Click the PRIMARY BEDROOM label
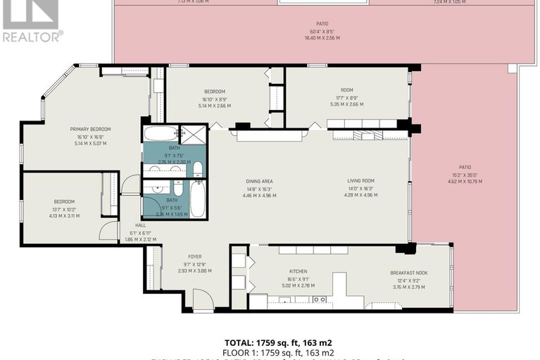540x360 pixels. tap(90, 129)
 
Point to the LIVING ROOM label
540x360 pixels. tap(360, 181)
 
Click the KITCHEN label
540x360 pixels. tap(299, 271)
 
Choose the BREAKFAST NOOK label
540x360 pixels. tap(409, 273)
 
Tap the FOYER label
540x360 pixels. tap(194, 256)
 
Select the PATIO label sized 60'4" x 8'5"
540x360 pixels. tap(322, 23)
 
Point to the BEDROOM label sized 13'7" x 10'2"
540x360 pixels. tap(64, 201)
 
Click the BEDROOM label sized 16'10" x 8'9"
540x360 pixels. tap(215, 92)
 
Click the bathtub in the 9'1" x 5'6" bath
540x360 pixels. tap(198, 199)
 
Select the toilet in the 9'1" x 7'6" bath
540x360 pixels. tap(198, 169)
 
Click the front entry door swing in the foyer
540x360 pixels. tap(203, 301)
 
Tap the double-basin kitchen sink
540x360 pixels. tap(318, 299)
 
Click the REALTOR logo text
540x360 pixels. tap(32, 35)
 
